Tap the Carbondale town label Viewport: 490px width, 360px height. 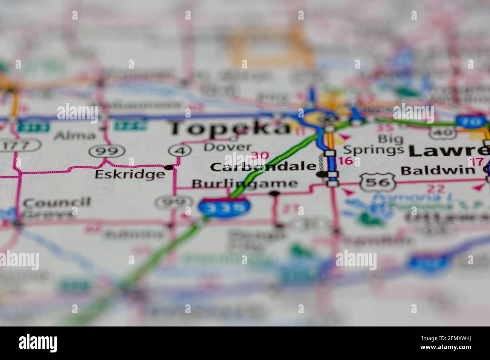pos(263,167)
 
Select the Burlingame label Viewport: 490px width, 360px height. pos(244,184)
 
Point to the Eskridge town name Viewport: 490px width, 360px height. pos(130,174)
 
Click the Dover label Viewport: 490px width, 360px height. pos(228,147)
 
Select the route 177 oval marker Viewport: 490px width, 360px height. pos(20,145)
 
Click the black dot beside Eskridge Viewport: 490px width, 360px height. pos(169,167)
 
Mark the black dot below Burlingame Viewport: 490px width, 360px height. pos(275,194)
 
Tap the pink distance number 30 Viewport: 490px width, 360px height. pos(260,155)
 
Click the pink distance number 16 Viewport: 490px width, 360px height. pos(346,161)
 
